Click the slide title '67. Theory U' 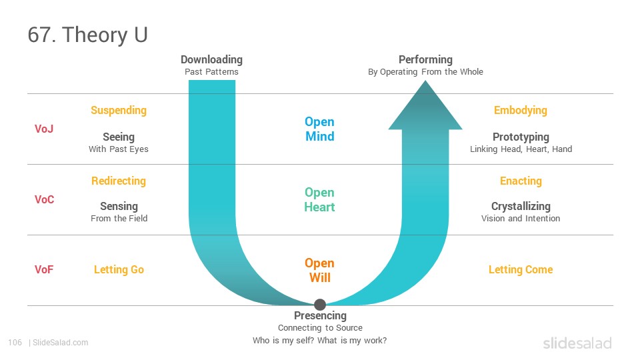[87, 35]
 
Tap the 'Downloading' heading [211, 59]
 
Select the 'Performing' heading [425, 59]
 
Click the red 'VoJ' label [44, 129]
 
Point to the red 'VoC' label [44, 199]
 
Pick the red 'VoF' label [44, 270]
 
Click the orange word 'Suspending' [119, 111]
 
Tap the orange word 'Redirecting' [119, 181]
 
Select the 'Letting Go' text [119, 270]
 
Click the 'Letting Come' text [521, 270]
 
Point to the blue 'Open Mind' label [319, 129]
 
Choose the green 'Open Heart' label [319, 199]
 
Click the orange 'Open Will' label [319, 270]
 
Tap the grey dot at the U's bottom [320, 305]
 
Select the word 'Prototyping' [521, 137]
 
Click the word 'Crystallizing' [521, 207]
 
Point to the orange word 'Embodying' [521, 111]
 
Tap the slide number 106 [15, 343]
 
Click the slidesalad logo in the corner [577, 343]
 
